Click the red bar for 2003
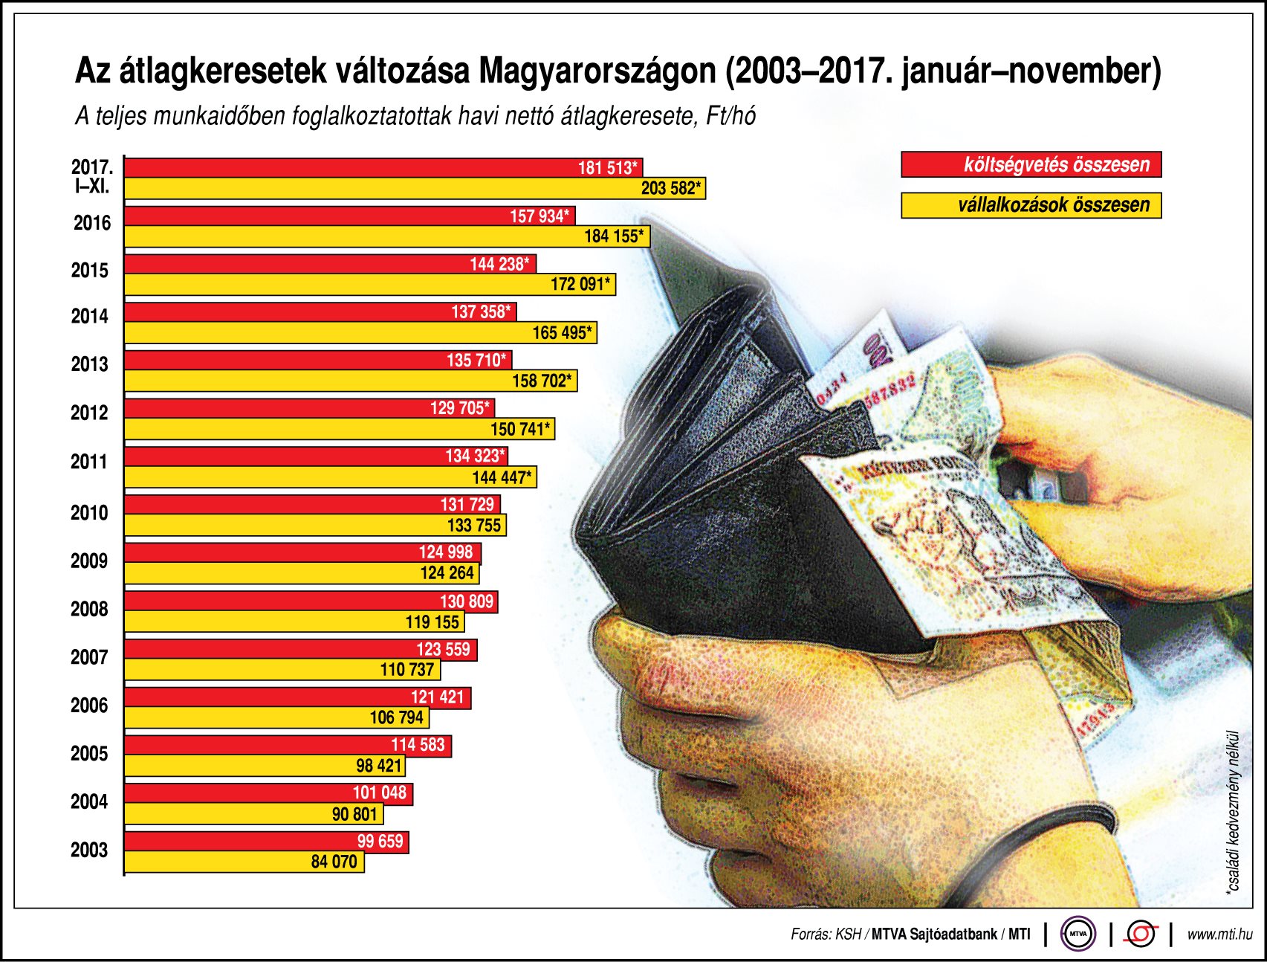click(266, 842)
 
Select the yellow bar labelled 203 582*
click(415, 188)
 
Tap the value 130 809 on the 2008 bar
click(467, 601)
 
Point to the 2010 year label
click(89, 513)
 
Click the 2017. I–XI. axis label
click(92, 176)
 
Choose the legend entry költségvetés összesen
click(1031, 164)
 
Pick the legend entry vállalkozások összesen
click(1031, 205)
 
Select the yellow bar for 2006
click(276, 717)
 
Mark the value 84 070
click(334, 862)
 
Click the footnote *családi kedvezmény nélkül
click(1234, 810)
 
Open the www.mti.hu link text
click(1219, 934)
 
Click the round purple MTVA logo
click(1078, 934)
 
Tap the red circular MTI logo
click(1141, 934)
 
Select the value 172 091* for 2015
click(580, 284)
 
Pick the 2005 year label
click(89, 754)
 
